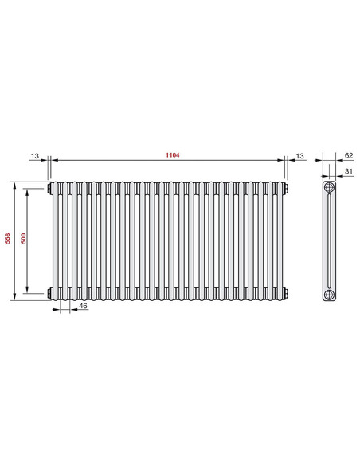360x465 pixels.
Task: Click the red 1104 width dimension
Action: coord(169,153)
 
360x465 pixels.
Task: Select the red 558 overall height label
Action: coord(8,241)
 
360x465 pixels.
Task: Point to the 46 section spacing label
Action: coord(83,306)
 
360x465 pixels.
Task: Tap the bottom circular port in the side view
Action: coord(330,293)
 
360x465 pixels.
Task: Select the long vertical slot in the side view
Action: coord(330,241)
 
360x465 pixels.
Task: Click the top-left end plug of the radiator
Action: coord(51,189)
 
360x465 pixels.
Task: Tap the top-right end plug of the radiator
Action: coord(287,189)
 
